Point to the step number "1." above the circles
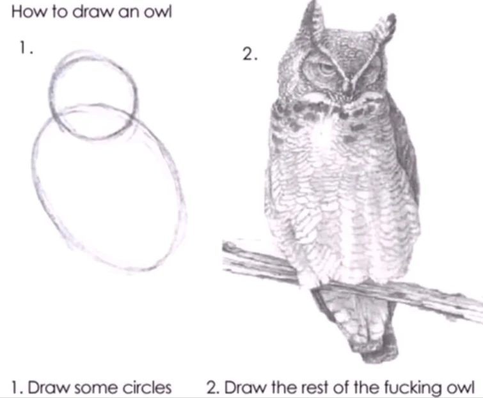(25, 49)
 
